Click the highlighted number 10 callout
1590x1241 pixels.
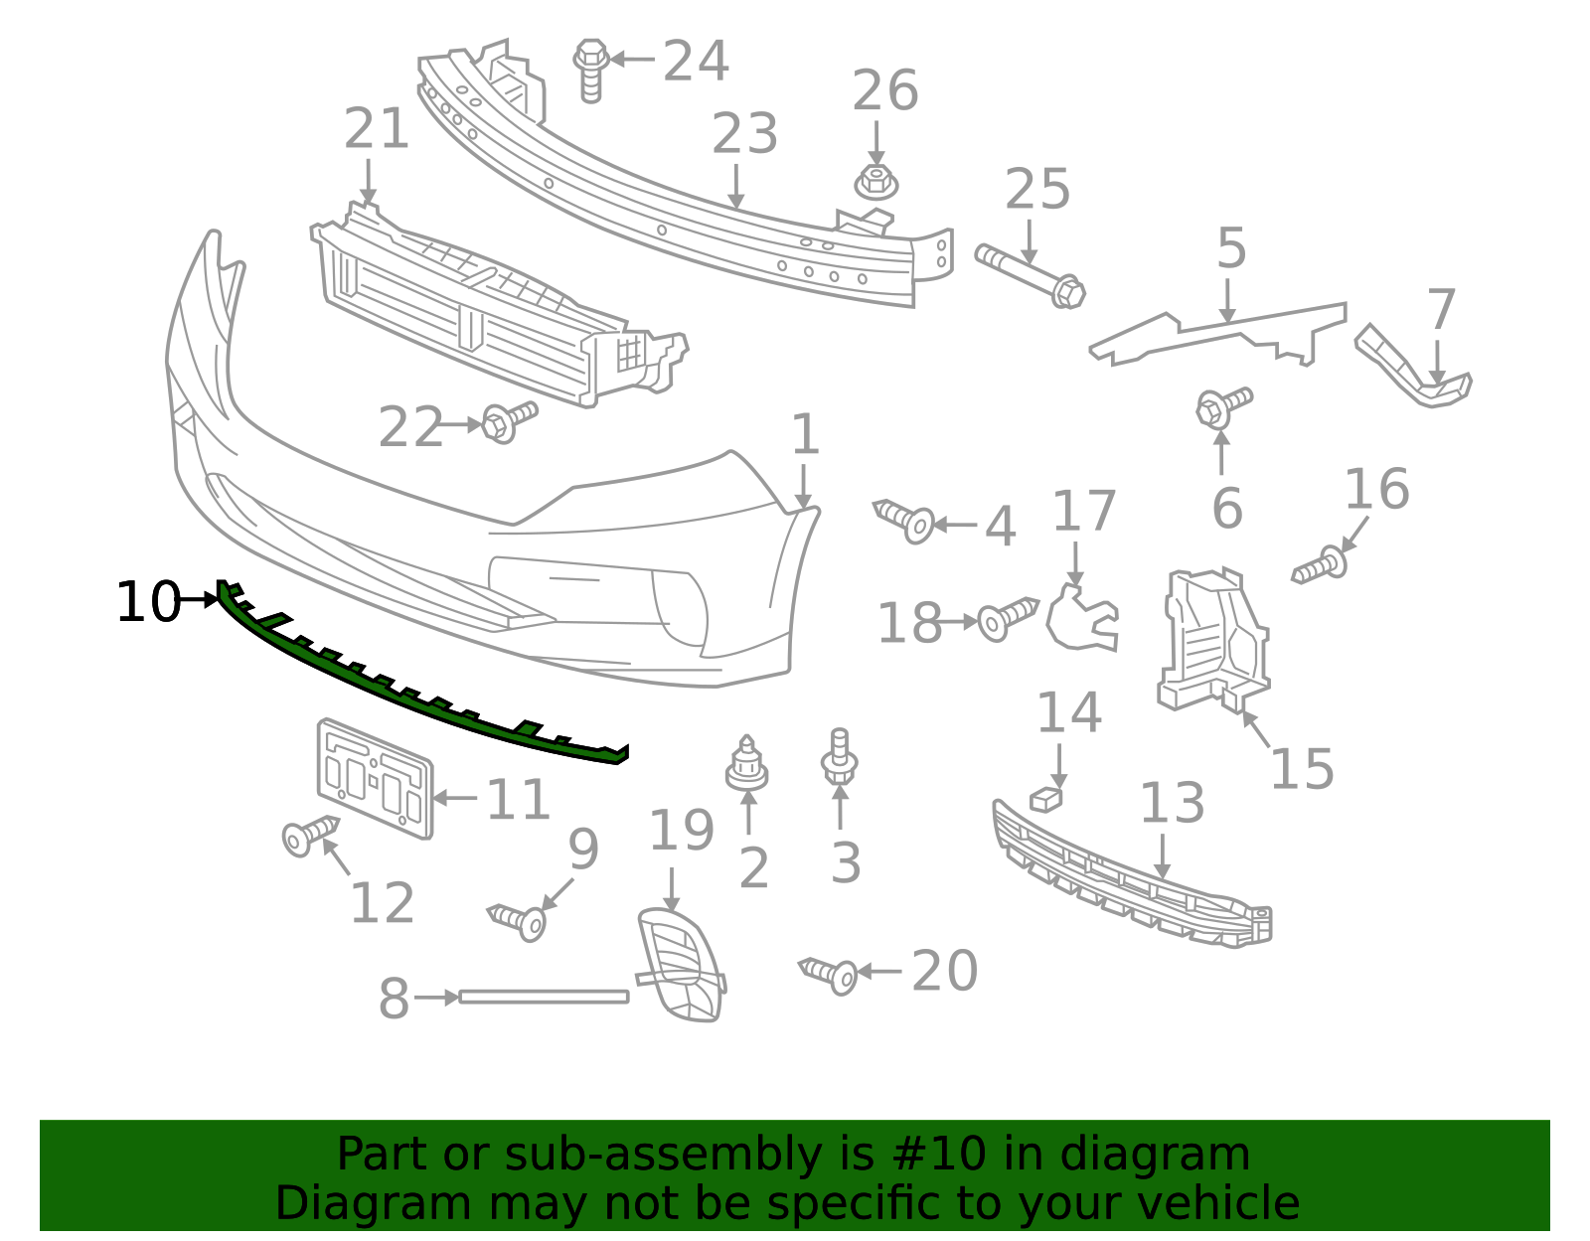tap(147, 602)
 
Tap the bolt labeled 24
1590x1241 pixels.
tap(591, 70)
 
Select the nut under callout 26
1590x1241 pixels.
tap(875, 183)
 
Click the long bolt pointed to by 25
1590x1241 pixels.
tap(1031, 275)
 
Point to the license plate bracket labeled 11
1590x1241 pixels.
tap(375, 779)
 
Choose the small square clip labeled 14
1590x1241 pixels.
tap(1045, 798)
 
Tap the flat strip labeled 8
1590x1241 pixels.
tap(544, 997)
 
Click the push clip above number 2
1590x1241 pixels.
tap(746, 764)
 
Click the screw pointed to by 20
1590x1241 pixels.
tap(829, 974)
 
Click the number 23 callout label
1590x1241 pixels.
tap(744, 134)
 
